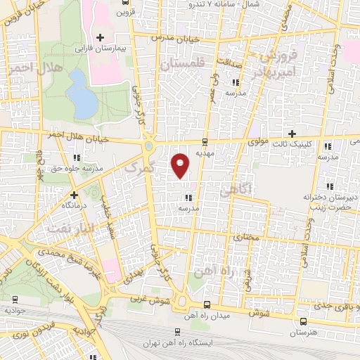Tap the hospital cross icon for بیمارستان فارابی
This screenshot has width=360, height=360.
[x=101, y=37]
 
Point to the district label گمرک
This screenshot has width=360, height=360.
[x=138, y=167]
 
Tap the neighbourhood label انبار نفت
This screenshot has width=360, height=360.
[x=67, y=227]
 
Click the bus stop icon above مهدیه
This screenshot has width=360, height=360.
[x=205, y=141]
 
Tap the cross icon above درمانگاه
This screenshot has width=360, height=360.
[x=73, y=194]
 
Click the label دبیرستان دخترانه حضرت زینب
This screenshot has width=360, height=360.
[x=326, y=202]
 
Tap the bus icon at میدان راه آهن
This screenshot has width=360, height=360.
[x=206, y=304]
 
